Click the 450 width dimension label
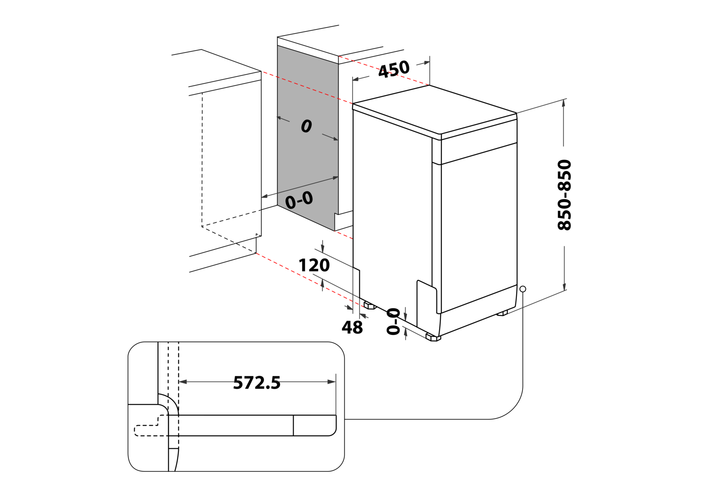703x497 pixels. (x=394, y=69)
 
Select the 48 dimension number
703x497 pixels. (x=352, y=328)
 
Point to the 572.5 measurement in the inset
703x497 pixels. (x=257, y=383)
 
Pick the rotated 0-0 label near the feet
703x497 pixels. (x=393, y=321)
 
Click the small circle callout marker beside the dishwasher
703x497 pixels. (x=523, y=289)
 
